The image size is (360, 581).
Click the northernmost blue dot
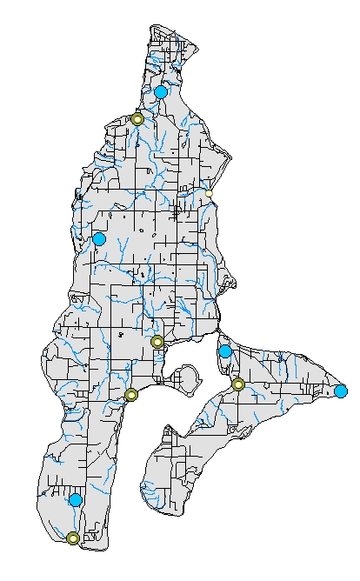tap(161, 91)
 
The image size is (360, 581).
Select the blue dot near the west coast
tap(99, 238)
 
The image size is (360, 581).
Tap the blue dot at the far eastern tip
tap(340, 391)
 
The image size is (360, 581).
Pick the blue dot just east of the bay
tap(225, 351)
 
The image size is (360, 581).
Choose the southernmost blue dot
tap(76, 499)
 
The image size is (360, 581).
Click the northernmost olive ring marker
tap(137, 118)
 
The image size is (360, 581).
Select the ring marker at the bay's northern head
tap(157, 342)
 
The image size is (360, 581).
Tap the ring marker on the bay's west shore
tap(131, 395)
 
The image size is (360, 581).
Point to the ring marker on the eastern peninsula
tap(238, 384)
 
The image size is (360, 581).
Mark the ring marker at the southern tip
tap(73, 538)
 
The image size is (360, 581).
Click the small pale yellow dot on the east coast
tap(209, 193)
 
